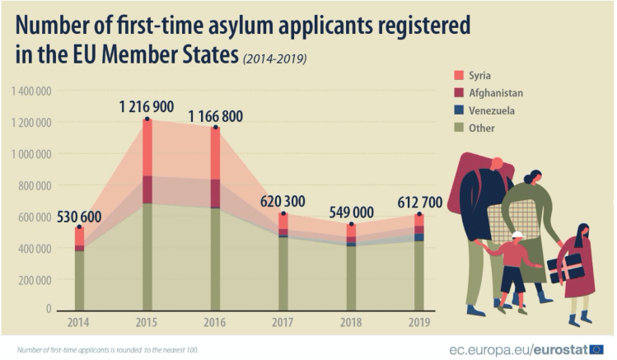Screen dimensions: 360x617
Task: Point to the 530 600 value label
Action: pyautogui.click(x=81, y=217)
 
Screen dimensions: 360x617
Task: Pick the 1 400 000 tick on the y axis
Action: pyautogui.click(x=31, y=91)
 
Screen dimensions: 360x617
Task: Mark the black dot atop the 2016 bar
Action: pyautogui.click(x=215, y=128)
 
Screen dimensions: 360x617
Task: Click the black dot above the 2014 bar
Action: pyautogui.click(x=80, y=227)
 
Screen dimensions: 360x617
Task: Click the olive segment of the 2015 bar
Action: pyautogui.click(x=147, y=255)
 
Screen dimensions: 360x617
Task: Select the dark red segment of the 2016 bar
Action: pyautogui.click(x=215, y=194)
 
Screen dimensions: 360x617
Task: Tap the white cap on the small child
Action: pyautogui.click(x=517, y=236)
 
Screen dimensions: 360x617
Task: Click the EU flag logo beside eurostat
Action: pyautogui.click(x=596, y=349)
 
